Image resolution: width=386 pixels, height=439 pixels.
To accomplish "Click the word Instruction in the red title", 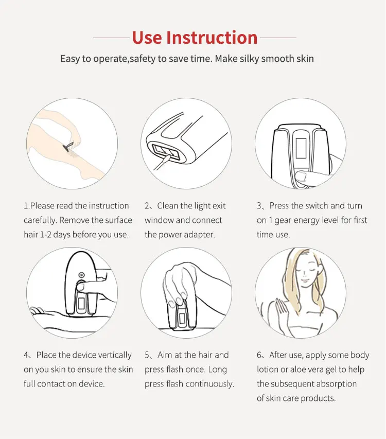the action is coord(212,38).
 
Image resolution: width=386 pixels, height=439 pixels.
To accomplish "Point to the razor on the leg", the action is coord(68,146).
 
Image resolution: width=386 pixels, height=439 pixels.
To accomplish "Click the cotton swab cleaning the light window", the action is coord(161,163).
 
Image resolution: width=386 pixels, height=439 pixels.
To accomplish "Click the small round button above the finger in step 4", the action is coord(81,275).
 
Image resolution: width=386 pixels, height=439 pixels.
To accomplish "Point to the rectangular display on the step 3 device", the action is coord(301,148).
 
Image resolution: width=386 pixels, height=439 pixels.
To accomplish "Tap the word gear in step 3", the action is coord(283,221).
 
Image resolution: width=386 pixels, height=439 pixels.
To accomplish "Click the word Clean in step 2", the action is coord(167,206).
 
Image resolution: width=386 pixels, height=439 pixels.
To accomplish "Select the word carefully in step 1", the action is coord(40,221).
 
